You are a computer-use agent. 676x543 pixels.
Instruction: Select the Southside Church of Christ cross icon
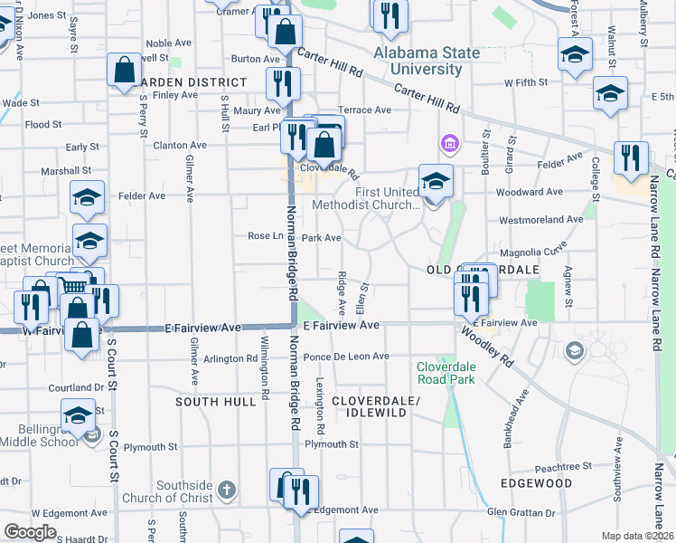pos(226,491)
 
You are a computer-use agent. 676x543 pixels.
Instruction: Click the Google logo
pos(30,532)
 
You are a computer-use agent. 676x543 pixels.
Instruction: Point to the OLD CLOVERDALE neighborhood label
pos(483,271)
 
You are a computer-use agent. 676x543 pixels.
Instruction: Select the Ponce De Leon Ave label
pos(346,357)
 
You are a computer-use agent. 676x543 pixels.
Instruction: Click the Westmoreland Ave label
pos(541,219)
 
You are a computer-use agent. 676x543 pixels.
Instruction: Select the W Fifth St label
pos(526,82)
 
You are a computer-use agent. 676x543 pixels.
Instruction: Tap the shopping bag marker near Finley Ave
pos(124,70)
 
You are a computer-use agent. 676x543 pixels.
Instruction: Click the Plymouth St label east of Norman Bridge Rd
pos(332,444)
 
